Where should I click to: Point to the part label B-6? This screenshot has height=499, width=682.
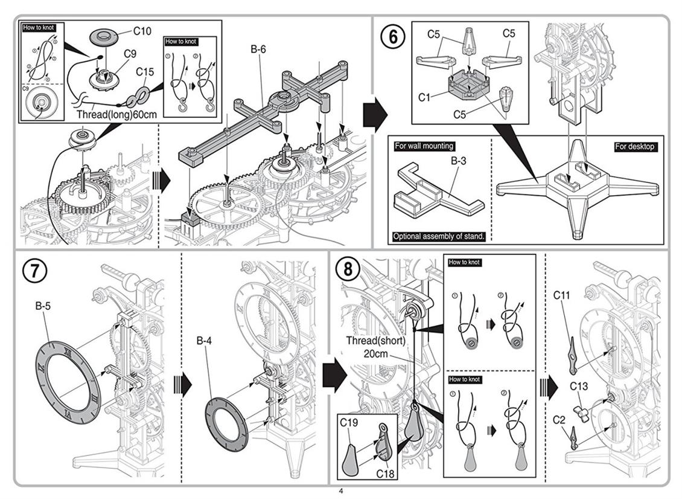click(x=258, y=50)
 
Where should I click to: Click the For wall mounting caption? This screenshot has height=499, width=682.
click(x=424, y=146)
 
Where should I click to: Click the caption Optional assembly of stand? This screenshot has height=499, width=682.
click(x=439, y=236)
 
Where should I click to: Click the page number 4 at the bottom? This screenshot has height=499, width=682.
click(x=341, y=491)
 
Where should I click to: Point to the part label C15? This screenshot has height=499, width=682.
click(x=145, y=72)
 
